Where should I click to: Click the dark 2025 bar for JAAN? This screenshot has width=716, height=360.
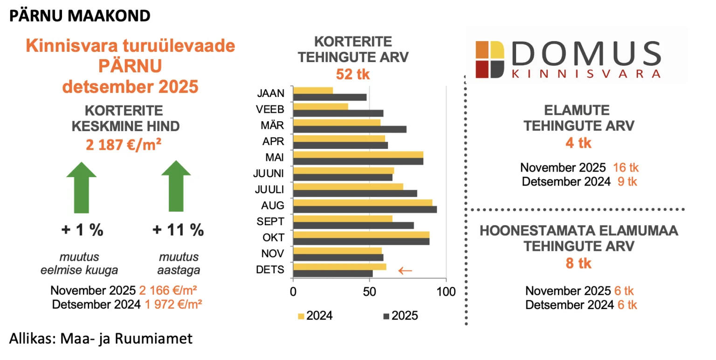point(330,97)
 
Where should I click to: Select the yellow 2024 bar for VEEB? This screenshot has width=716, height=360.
point(320,106)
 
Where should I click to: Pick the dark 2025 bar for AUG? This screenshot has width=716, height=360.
point(365,209)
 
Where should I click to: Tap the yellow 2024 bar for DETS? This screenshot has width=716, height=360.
point(339,267)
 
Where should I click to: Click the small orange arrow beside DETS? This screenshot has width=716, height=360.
point(405,270)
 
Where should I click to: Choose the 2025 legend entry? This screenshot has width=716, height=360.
point(400,316)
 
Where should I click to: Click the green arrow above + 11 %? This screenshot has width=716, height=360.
point(176,187)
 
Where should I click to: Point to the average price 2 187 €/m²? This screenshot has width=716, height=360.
point(124,145)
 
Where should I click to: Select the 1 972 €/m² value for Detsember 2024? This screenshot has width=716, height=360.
point(171,305)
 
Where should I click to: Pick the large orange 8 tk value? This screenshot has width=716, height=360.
point(578,263)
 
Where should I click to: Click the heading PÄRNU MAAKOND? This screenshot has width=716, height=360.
point(80,16)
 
